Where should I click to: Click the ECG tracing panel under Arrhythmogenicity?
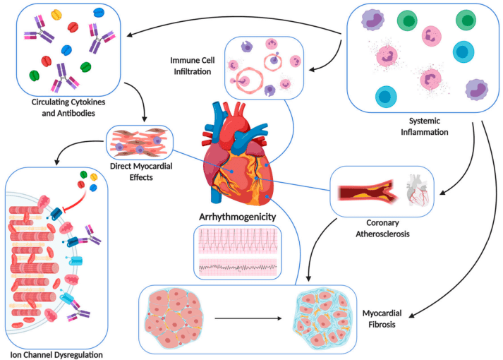237,253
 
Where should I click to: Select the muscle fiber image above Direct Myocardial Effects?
139,142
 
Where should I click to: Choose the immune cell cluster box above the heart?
262,67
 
